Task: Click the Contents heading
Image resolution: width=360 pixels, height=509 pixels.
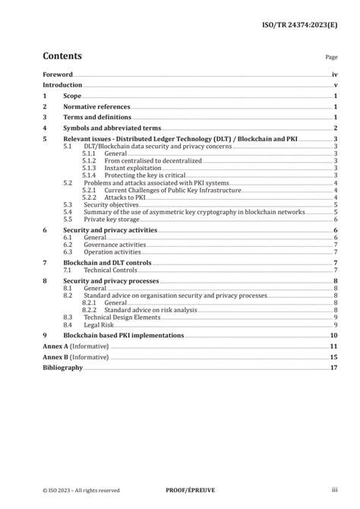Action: pos(62,56)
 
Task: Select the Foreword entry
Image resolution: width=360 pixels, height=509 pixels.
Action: pos(58,74)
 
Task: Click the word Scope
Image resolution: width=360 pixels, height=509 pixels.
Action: pos(72,96)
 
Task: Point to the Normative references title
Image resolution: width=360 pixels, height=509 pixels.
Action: pos(96,107)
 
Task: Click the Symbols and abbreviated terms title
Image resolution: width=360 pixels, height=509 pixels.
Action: pos(109,128)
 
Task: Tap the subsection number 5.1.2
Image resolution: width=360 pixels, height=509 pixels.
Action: pos(90,161)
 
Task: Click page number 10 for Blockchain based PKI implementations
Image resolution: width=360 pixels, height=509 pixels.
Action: pos(333,335)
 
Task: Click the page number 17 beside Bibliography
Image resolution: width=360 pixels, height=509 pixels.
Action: pos(333,368)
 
